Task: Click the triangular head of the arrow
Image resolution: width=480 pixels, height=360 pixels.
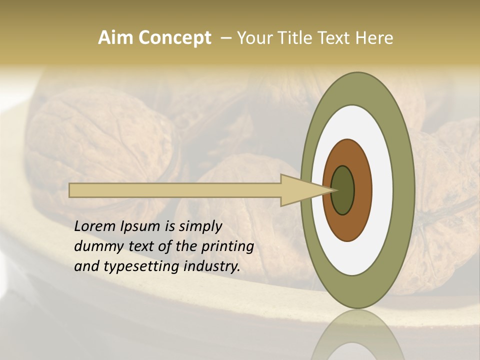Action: [x=300, y=190]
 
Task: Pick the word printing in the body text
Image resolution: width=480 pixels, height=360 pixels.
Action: [x=228, y=246]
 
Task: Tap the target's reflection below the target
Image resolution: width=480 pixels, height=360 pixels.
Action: [x=357, y=337]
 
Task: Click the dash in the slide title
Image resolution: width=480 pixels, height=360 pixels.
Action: [x=225, y=38]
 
